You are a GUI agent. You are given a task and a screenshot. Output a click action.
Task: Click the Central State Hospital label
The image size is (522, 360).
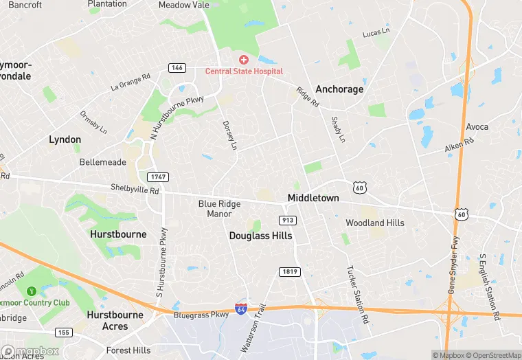244,71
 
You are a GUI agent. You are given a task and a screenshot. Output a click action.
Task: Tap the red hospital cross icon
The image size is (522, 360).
244,60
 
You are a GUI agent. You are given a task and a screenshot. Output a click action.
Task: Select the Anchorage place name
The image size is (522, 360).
339,89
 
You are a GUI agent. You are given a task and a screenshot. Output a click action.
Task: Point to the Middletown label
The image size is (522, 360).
313,198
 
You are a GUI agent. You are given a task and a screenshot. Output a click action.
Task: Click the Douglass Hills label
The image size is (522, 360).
260,236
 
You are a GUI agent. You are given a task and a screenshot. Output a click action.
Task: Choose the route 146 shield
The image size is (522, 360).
177,67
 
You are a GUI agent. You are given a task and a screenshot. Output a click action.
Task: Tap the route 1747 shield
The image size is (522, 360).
157,177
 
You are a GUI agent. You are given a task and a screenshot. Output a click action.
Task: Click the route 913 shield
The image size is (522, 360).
288,220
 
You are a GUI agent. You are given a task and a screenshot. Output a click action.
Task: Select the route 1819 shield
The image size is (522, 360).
289,272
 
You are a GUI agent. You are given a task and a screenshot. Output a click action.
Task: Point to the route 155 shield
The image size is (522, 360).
64,332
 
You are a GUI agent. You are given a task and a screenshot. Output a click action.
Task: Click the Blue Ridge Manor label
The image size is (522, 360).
220,209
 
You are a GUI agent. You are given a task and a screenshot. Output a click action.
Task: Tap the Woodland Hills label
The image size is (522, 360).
374,223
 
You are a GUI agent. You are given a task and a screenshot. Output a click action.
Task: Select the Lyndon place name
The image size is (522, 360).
65,139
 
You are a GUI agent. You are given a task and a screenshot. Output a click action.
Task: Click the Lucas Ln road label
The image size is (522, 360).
376,33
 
